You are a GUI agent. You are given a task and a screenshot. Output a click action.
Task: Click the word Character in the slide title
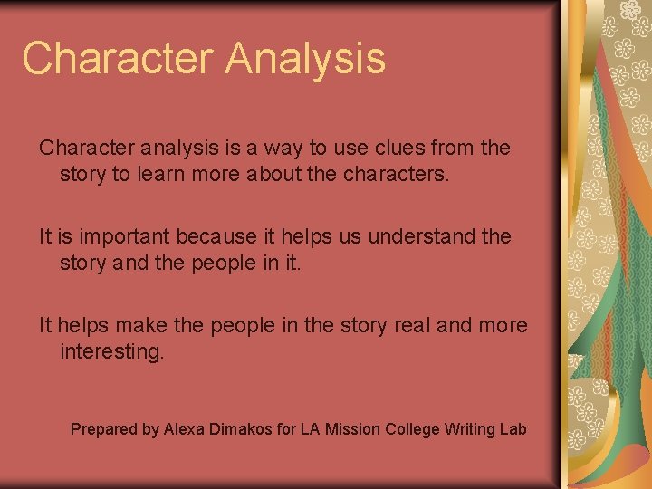coord(117,58)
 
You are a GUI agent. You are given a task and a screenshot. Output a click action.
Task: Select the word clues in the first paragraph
coord(391,148)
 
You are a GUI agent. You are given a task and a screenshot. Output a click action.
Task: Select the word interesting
coord(111,351)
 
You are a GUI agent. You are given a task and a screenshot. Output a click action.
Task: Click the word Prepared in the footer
coord(103,429)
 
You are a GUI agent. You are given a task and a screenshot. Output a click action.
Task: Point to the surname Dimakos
coord(242,428)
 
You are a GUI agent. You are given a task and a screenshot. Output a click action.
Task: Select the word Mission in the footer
coord(355,428)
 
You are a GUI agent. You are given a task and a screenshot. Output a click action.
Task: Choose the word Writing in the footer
coord(470,429)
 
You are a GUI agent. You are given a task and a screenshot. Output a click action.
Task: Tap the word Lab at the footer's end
coord(513,428)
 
